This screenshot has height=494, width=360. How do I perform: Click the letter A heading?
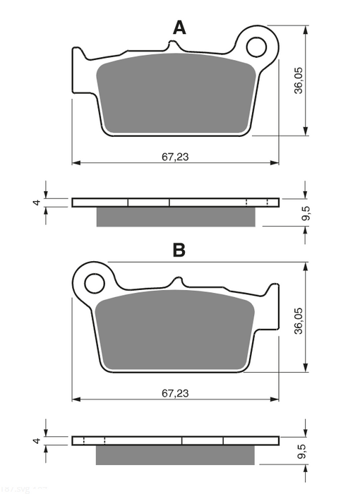(180, 28)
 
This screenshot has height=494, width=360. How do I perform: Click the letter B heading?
(179, 250)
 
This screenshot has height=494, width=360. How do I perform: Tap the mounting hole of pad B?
(94, 283)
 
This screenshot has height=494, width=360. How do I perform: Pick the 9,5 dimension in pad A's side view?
(305, 215)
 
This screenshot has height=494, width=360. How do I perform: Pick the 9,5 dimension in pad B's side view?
(305, 453)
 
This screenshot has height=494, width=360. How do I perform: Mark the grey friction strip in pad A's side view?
(174, 217)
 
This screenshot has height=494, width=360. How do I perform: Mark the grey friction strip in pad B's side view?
(174, 454)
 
